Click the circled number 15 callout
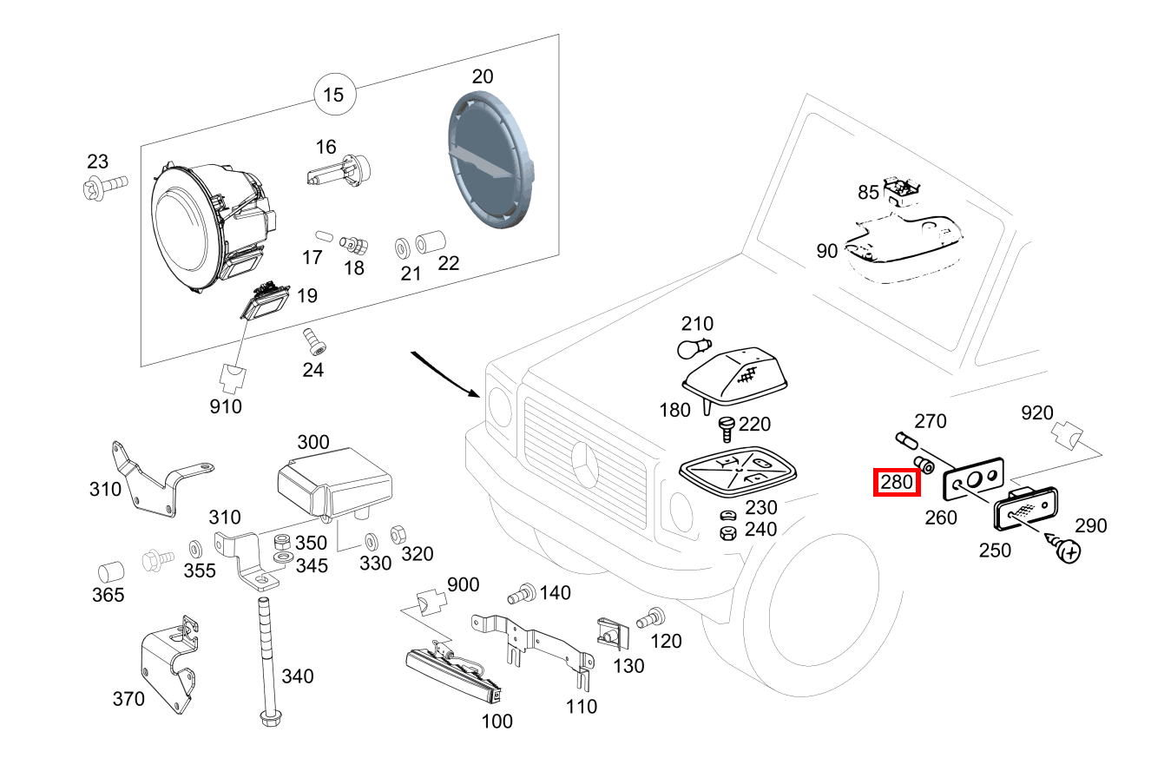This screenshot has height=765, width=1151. [333, 95]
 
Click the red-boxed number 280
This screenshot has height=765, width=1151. [897, 482]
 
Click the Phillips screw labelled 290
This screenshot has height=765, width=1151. [1067, 549]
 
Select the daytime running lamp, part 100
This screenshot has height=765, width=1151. [453, 676]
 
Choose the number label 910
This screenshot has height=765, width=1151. [226, 406]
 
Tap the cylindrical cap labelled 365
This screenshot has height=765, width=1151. [109, 572]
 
